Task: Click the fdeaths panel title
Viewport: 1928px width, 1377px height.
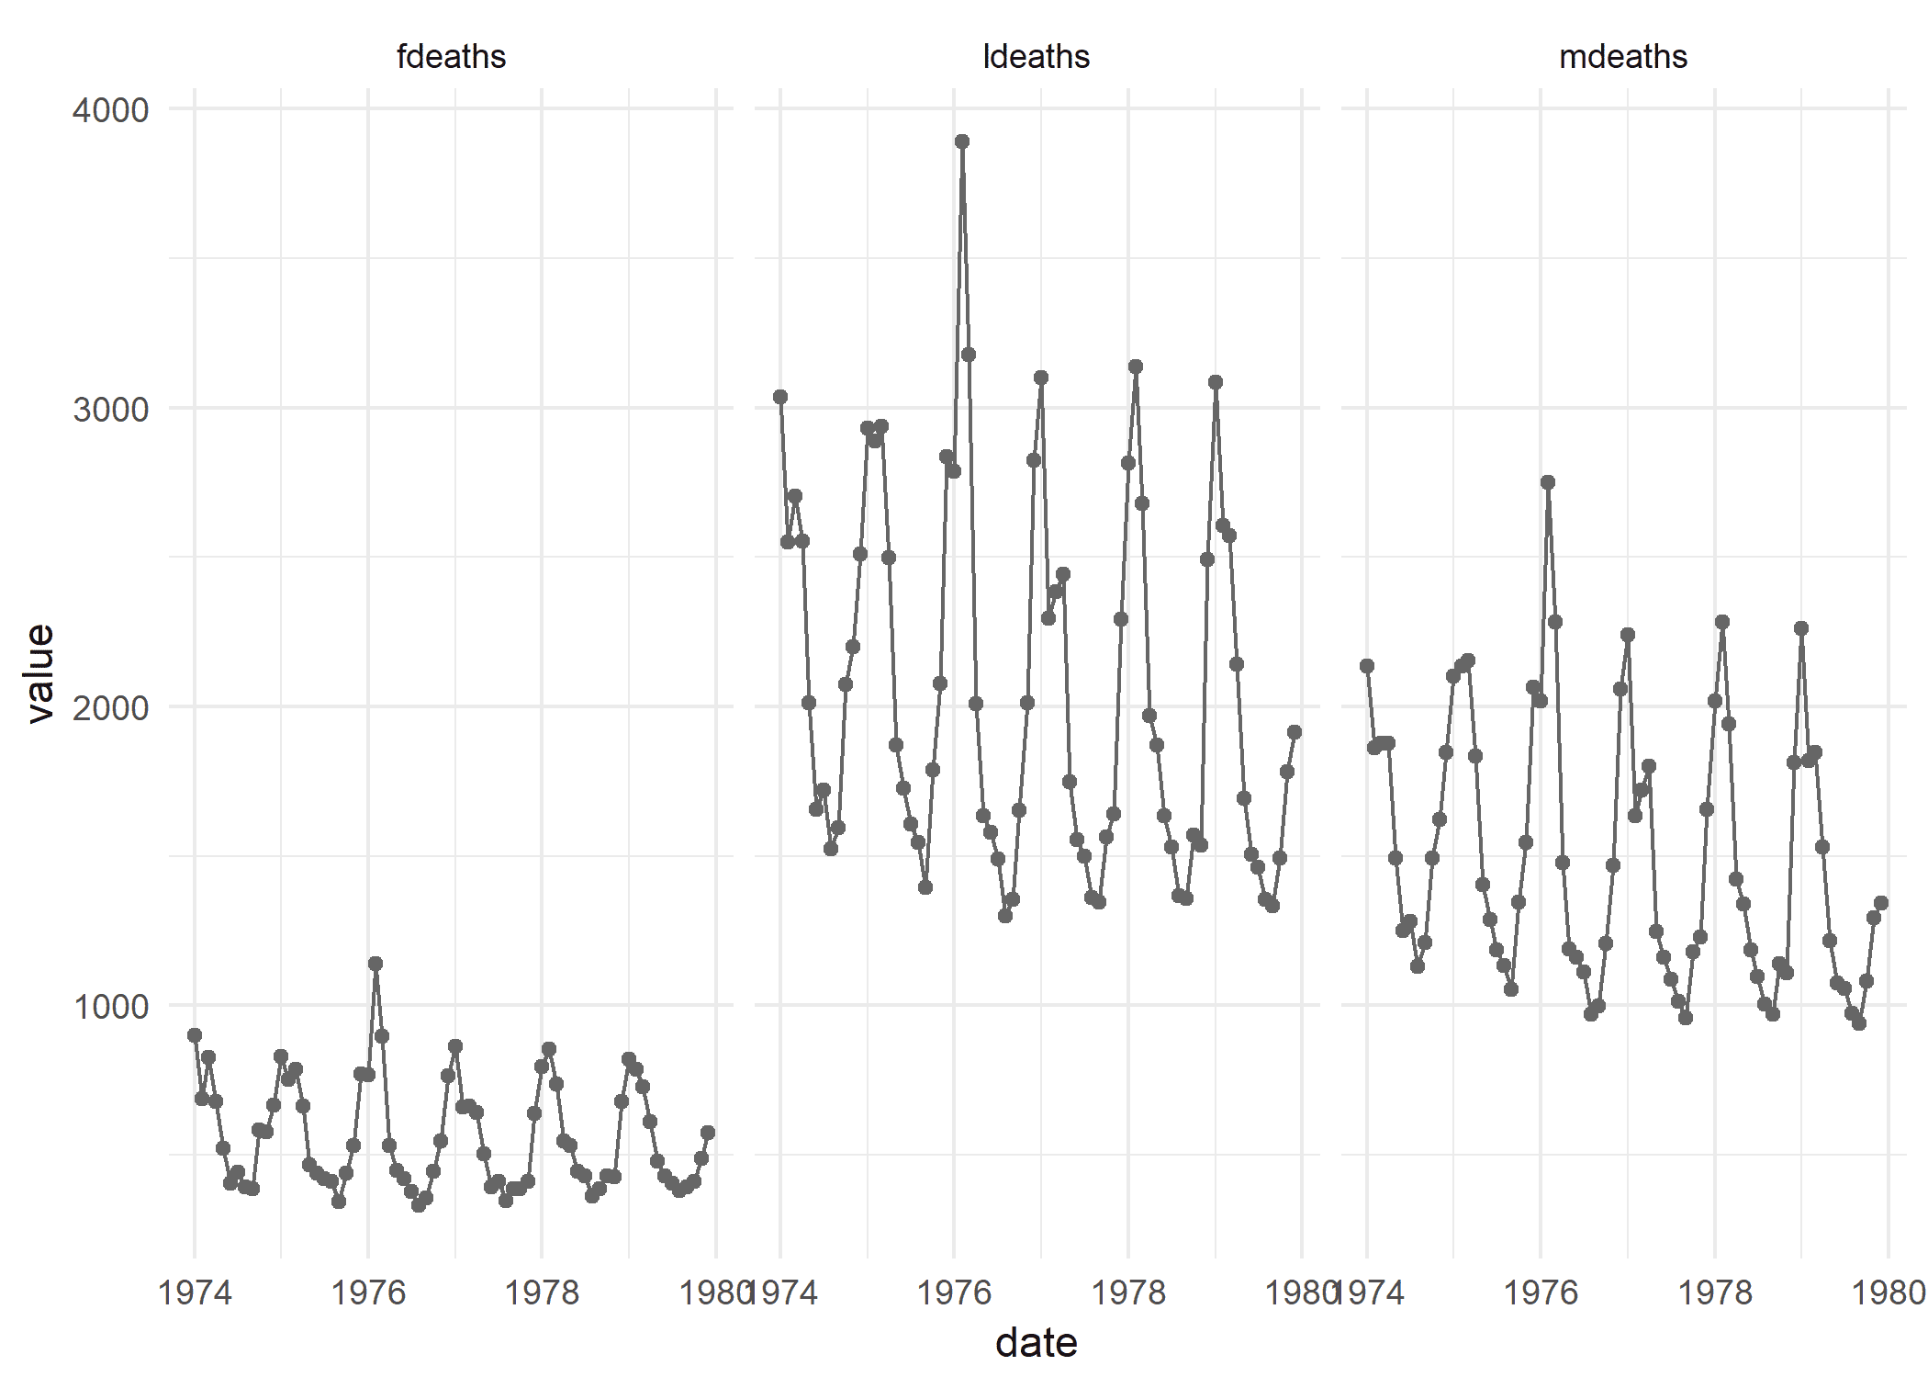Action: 451,57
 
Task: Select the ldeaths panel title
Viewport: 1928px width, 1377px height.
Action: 1036,57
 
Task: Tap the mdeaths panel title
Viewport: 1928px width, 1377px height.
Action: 1622,57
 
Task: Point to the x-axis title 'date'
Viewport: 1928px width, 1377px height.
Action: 1036,1343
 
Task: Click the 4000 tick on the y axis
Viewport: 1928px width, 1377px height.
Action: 110,110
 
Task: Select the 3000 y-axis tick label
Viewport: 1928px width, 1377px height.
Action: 110,409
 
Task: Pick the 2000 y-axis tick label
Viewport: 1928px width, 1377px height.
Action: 110,707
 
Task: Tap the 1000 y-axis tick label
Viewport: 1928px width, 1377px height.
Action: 110,1006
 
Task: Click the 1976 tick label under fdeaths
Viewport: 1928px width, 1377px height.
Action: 367,1292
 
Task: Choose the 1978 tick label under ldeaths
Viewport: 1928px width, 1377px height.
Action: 1128,1292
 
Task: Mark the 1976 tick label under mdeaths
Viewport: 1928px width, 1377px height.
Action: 1540,1292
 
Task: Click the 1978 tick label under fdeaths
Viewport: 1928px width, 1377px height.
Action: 542,1292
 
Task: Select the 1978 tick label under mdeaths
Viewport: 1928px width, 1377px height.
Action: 1714,1292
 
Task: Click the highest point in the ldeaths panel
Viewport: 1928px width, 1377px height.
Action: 961,141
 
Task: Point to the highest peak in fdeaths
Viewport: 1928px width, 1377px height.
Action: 376,964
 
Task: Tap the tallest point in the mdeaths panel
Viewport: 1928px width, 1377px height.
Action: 1548,482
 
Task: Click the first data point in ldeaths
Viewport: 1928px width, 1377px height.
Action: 780,397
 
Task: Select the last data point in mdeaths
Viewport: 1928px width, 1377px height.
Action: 1880,903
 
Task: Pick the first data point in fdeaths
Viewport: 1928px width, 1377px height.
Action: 195,1035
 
